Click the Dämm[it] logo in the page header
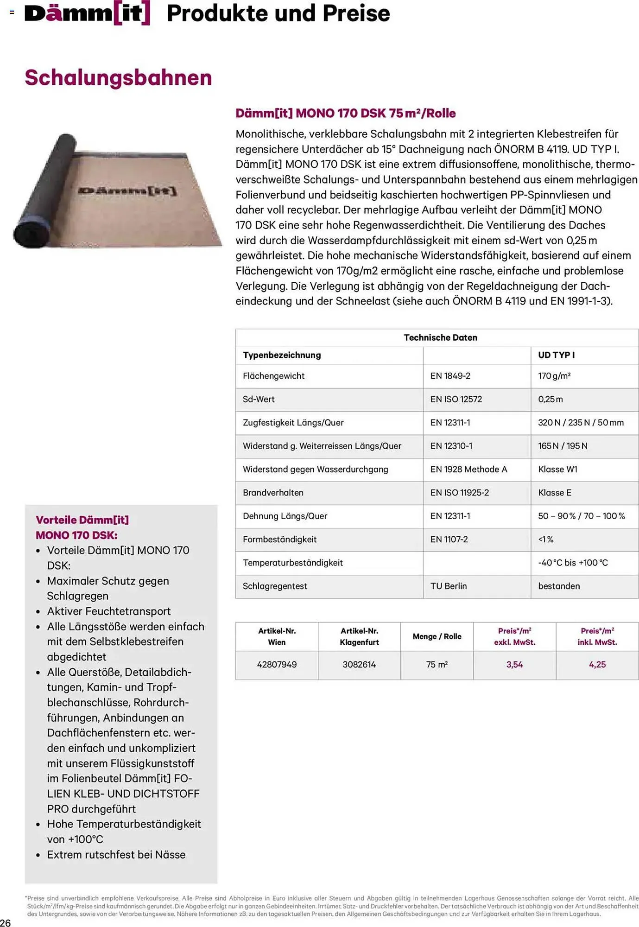tap(87, 13)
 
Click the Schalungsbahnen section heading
tap(118, 77)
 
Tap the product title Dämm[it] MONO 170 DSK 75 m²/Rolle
tap(345, 113)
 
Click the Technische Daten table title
tap(440, 337)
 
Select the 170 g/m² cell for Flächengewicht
tap(554, 376)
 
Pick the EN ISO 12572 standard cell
tap(456, 399)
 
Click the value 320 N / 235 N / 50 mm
tap(581, 422)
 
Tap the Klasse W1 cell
tap(557, 469)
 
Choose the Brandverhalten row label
tap(273, 493)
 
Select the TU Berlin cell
tap(449, 586)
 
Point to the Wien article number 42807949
tap(277, 665)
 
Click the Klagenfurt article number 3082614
tap(359, 665)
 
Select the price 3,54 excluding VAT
tap(514, 665)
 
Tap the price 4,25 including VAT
tap(597, 665)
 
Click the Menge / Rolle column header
tap(437, 636)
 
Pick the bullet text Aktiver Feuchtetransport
tap(109, 611)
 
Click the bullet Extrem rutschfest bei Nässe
tap(116, 855)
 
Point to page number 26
tap(6, 922)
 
